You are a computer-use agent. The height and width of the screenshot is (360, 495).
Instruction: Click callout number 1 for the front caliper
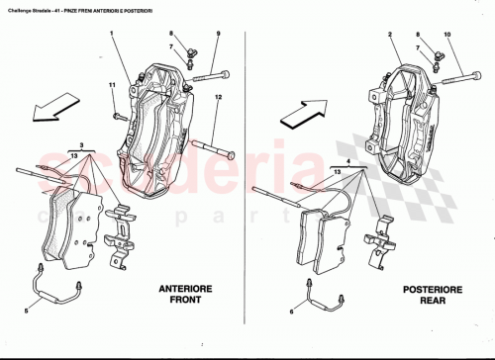pos(113,37)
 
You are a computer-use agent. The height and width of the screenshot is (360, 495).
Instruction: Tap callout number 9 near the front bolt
pos(218,37)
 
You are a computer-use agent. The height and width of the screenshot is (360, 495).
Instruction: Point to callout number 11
pos(113,89)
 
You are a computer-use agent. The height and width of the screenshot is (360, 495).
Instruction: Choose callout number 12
pos(218,96)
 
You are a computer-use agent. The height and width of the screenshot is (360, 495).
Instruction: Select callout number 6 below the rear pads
pos(292,312)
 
